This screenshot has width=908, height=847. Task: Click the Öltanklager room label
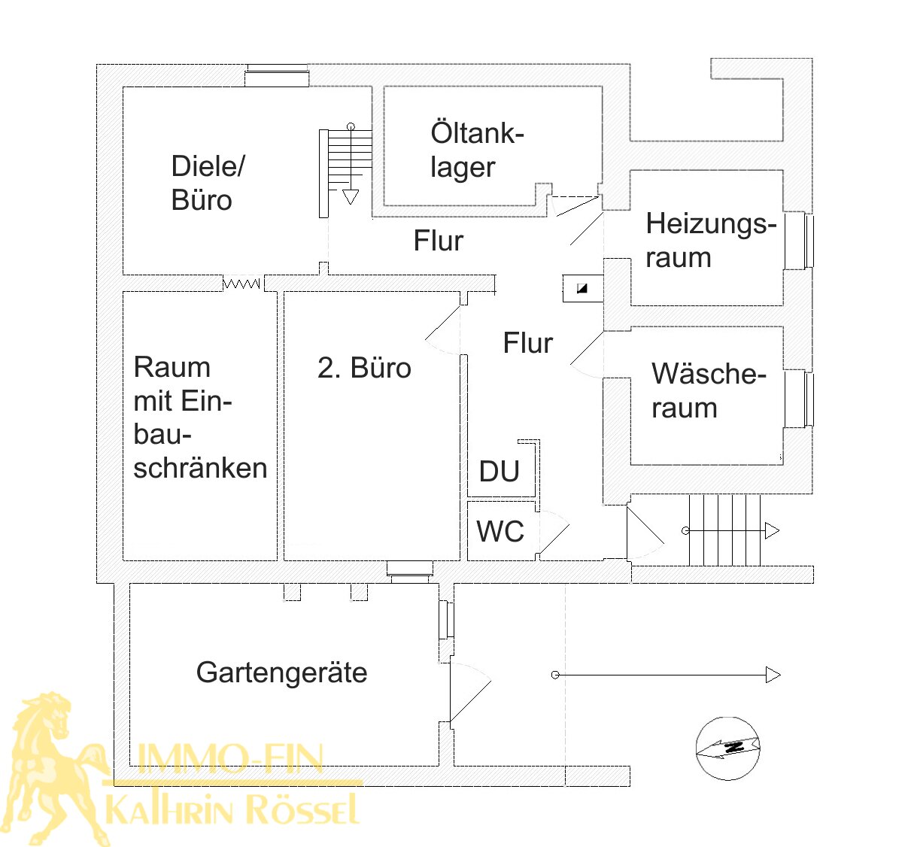pos(476,150)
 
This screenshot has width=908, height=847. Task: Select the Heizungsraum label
pos(710,240)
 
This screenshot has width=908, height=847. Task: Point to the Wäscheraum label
pos(708,390)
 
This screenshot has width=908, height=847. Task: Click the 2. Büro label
pos(364,368)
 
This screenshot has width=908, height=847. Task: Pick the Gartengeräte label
pos(281,672)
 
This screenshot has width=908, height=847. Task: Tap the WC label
pos(500,532)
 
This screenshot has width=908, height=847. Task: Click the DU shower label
pos(500,472)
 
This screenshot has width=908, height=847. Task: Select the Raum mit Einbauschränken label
pos(199,417)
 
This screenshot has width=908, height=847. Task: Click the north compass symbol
pos(728,748)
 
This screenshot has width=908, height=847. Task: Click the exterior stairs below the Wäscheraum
pos(725,530)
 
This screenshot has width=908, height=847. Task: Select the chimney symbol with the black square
pos(582,288)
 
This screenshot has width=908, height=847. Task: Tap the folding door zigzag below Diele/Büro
pos(241,284)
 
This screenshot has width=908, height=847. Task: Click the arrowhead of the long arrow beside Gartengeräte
pos(773,675)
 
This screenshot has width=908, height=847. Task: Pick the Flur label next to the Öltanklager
pos(438,241)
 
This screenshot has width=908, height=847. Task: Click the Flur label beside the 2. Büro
pos(527,343)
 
